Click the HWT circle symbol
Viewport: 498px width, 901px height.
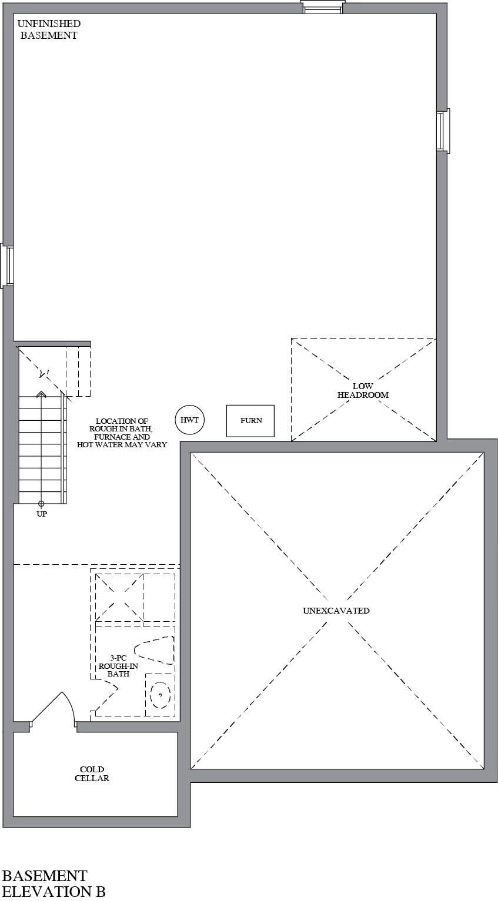tap(189, 420)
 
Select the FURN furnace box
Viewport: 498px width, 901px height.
tap(250, 421)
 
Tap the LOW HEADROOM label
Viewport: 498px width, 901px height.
tap(363, 391)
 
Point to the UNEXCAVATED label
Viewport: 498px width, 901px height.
tap(336, 611)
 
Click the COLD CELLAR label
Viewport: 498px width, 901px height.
tap(92, 774)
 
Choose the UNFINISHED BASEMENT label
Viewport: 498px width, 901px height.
tap(49, 29)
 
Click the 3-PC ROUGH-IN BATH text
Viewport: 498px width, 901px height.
tap(118, 666)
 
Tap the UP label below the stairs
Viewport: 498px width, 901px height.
tap(42, 514)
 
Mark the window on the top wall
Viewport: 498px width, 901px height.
tap(323, 7)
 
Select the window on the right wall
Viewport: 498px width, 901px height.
tap(443, 130)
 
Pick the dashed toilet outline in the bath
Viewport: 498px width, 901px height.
tap(155, 649)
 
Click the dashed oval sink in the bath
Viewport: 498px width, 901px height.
tap(160, 695)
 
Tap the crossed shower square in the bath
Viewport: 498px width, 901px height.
tap(119, 597)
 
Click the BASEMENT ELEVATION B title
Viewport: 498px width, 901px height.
tap(54, 886)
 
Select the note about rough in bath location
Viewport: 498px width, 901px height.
tap(122, 433)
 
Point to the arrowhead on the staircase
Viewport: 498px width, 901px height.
tap(41, 394)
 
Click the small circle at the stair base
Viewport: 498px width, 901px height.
tap(41, 504)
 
